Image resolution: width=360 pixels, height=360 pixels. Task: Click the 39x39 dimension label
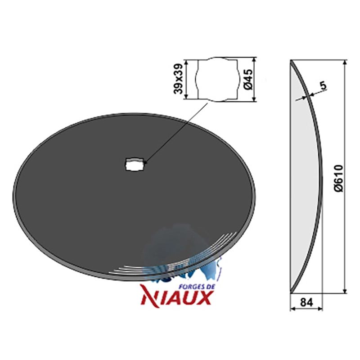click(x=179, y=79)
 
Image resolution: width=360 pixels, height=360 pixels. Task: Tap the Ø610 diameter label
click(x=339, y=178)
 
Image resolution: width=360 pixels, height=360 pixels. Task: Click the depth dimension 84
click(x=306, y=302)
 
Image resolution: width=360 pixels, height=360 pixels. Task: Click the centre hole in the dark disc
click(x=135, y=164)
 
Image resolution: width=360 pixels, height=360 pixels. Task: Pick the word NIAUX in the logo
click(x=176, y=297)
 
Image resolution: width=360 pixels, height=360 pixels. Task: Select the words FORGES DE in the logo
click(x=196, y=286)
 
